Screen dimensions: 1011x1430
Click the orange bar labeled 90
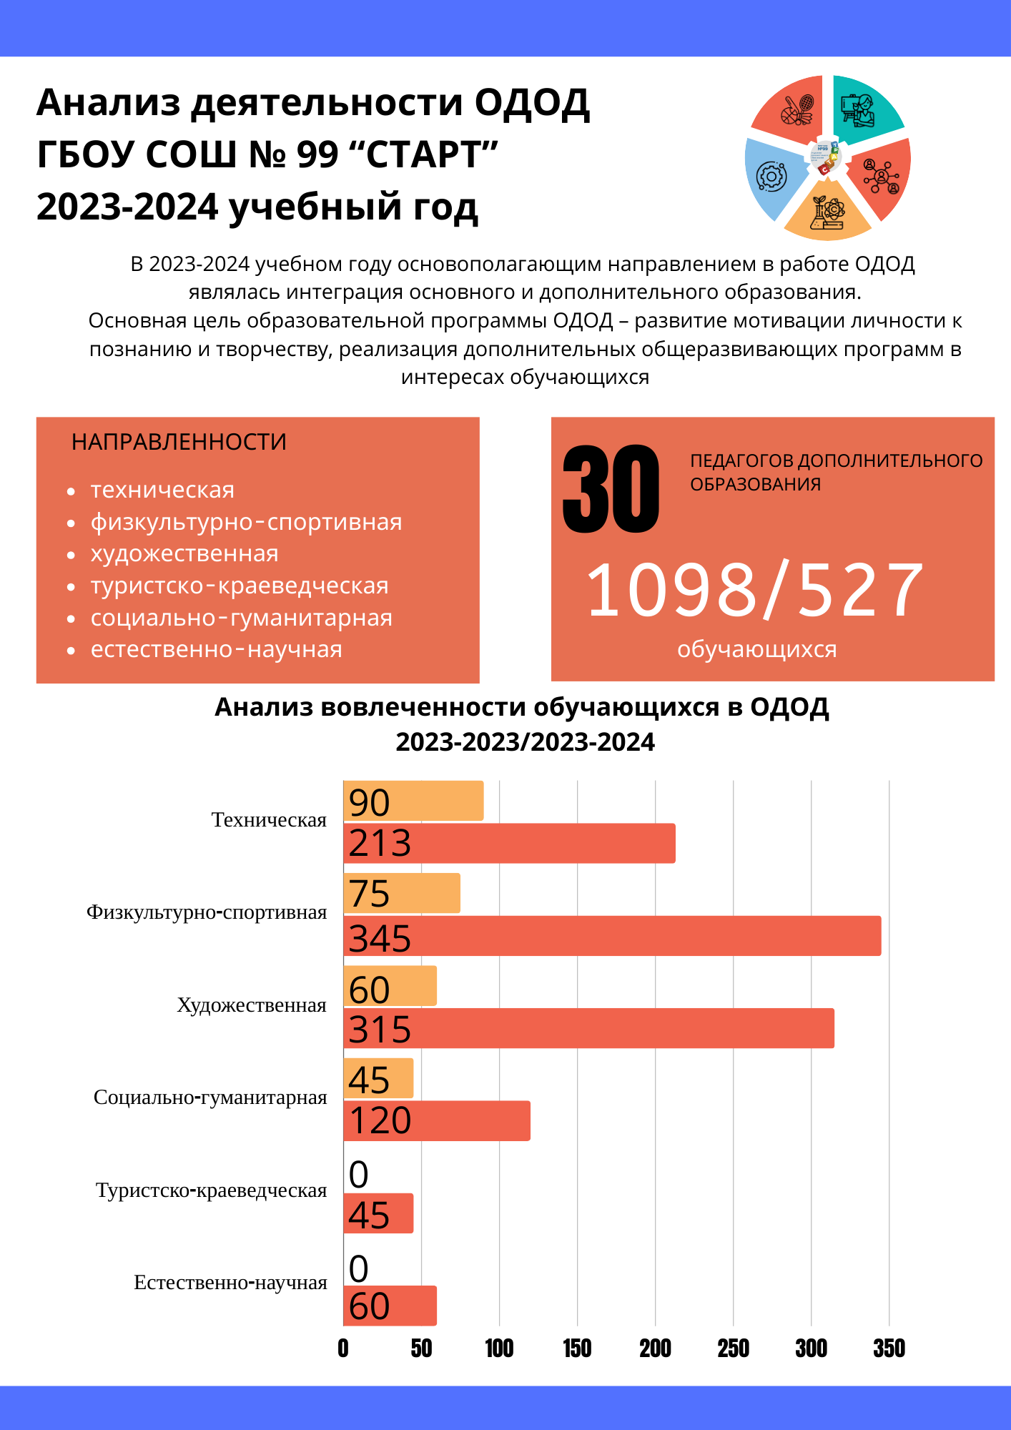413,801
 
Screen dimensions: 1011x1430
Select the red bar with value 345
612,936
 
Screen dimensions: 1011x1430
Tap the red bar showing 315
589,1028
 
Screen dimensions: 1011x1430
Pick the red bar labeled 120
437,1121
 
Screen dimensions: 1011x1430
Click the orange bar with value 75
402,893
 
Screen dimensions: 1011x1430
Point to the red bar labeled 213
510,844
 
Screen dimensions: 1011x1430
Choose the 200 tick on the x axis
655,1348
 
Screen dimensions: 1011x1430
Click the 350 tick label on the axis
889,1348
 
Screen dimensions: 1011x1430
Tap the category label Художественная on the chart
252,1005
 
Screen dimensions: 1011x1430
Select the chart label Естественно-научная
230,1283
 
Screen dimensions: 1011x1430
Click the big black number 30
611,489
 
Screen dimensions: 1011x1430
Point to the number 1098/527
754,591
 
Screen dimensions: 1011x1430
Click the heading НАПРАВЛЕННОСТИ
179,442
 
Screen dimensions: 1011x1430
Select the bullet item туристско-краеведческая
240,586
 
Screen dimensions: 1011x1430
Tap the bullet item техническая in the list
162,490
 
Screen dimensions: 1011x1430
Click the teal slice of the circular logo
865,107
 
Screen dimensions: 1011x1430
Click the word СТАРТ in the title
431,154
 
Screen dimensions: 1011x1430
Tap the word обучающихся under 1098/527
756,650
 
